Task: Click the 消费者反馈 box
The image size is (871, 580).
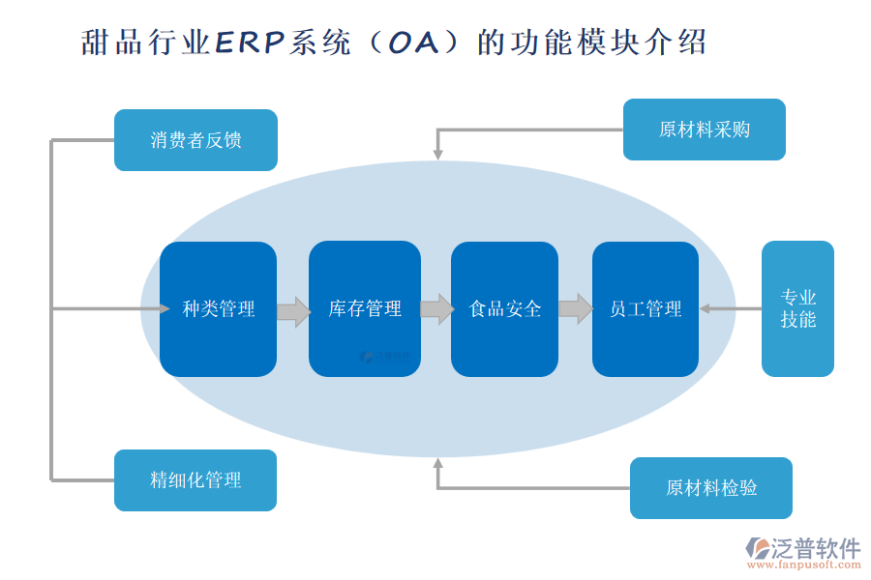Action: (x=195, y=140)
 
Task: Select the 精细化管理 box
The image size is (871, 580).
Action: (x=195, y=480)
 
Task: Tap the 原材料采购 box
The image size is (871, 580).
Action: (x=704, y=130)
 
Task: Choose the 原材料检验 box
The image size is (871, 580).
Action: (x=711, y=488)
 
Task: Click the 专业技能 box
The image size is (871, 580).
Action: (x=797, y=308)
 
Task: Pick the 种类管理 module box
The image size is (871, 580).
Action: (x=218, y=309)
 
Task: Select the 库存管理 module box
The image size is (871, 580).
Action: (x=365, y=309)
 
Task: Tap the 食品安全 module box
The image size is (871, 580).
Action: (x=504, y=309)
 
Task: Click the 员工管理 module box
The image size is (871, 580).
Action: (x=646, y=309)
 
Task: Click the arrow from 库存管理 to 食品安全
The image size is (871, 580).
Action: (x=436, y=308)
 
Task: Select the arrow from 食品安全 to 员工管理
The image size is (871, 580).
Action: (x=576, y=308)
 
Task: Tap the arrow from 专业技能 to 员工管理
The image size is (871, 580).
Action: (x=730, y=309)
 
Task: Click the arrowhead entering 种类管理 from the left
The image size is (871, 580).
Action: (x=165, y=309)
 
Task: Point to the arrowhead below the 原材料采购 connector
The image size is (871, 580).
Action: (x=437, y=153)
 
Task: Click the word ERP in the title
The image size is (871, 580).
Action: (x=250, y=43)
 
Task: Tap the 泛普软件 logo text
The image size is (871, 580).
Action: (x=815, y=549)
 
